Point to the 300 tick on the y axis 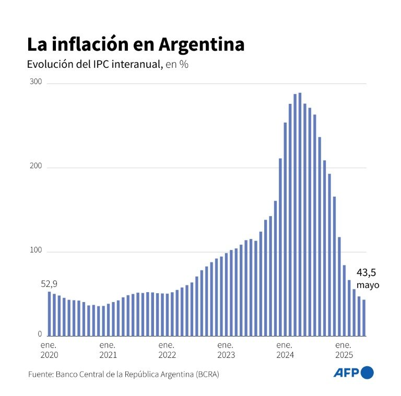pos(37,83)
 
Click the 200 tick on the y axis pos(37,167)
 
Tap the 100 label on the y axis pos(37,252)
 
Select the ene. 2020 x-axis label pos(49,350)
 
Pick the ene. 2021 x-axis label pos(108,350)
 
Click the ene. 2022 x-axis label pos(167,350)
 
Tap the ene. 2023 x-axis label pos(226,350)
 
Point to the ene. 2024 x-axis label pos(285,350)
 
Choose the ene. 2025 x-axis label pos(343,350)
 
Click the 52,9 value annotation pos(49,284)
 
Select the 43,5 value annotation pos(367,272)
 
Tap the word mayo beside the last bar pos(368,285)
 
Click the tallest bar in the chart pos(300,214)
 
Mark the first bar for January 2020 pos(49,314)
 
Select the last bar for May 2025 pos(364,318)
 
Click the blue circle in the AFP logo pos(368,373)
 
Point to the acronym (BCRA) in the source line pos(207,374)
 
